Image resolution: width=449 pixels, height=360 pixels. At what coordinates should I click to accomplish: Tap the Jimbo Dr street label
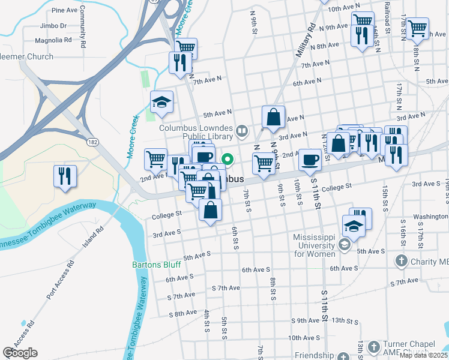(x=53, y=25)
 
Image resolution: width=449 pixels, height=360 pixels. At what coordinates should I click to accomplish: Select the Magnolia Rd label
(x=53, y=40)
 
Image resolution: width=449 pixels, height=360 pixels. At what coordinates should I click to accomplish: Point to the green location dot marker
(x=228, y=160)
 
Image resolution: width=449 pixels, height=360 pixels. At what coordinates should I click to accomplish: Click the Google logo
(x=20, y=353)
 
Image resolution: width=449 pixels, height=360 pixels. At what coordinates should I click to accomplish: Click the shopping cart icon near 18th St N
(x=417, y=26)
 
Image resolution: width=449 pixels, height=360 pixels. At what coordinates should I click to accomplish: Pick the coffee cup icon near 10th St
(x=310, y=160)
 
